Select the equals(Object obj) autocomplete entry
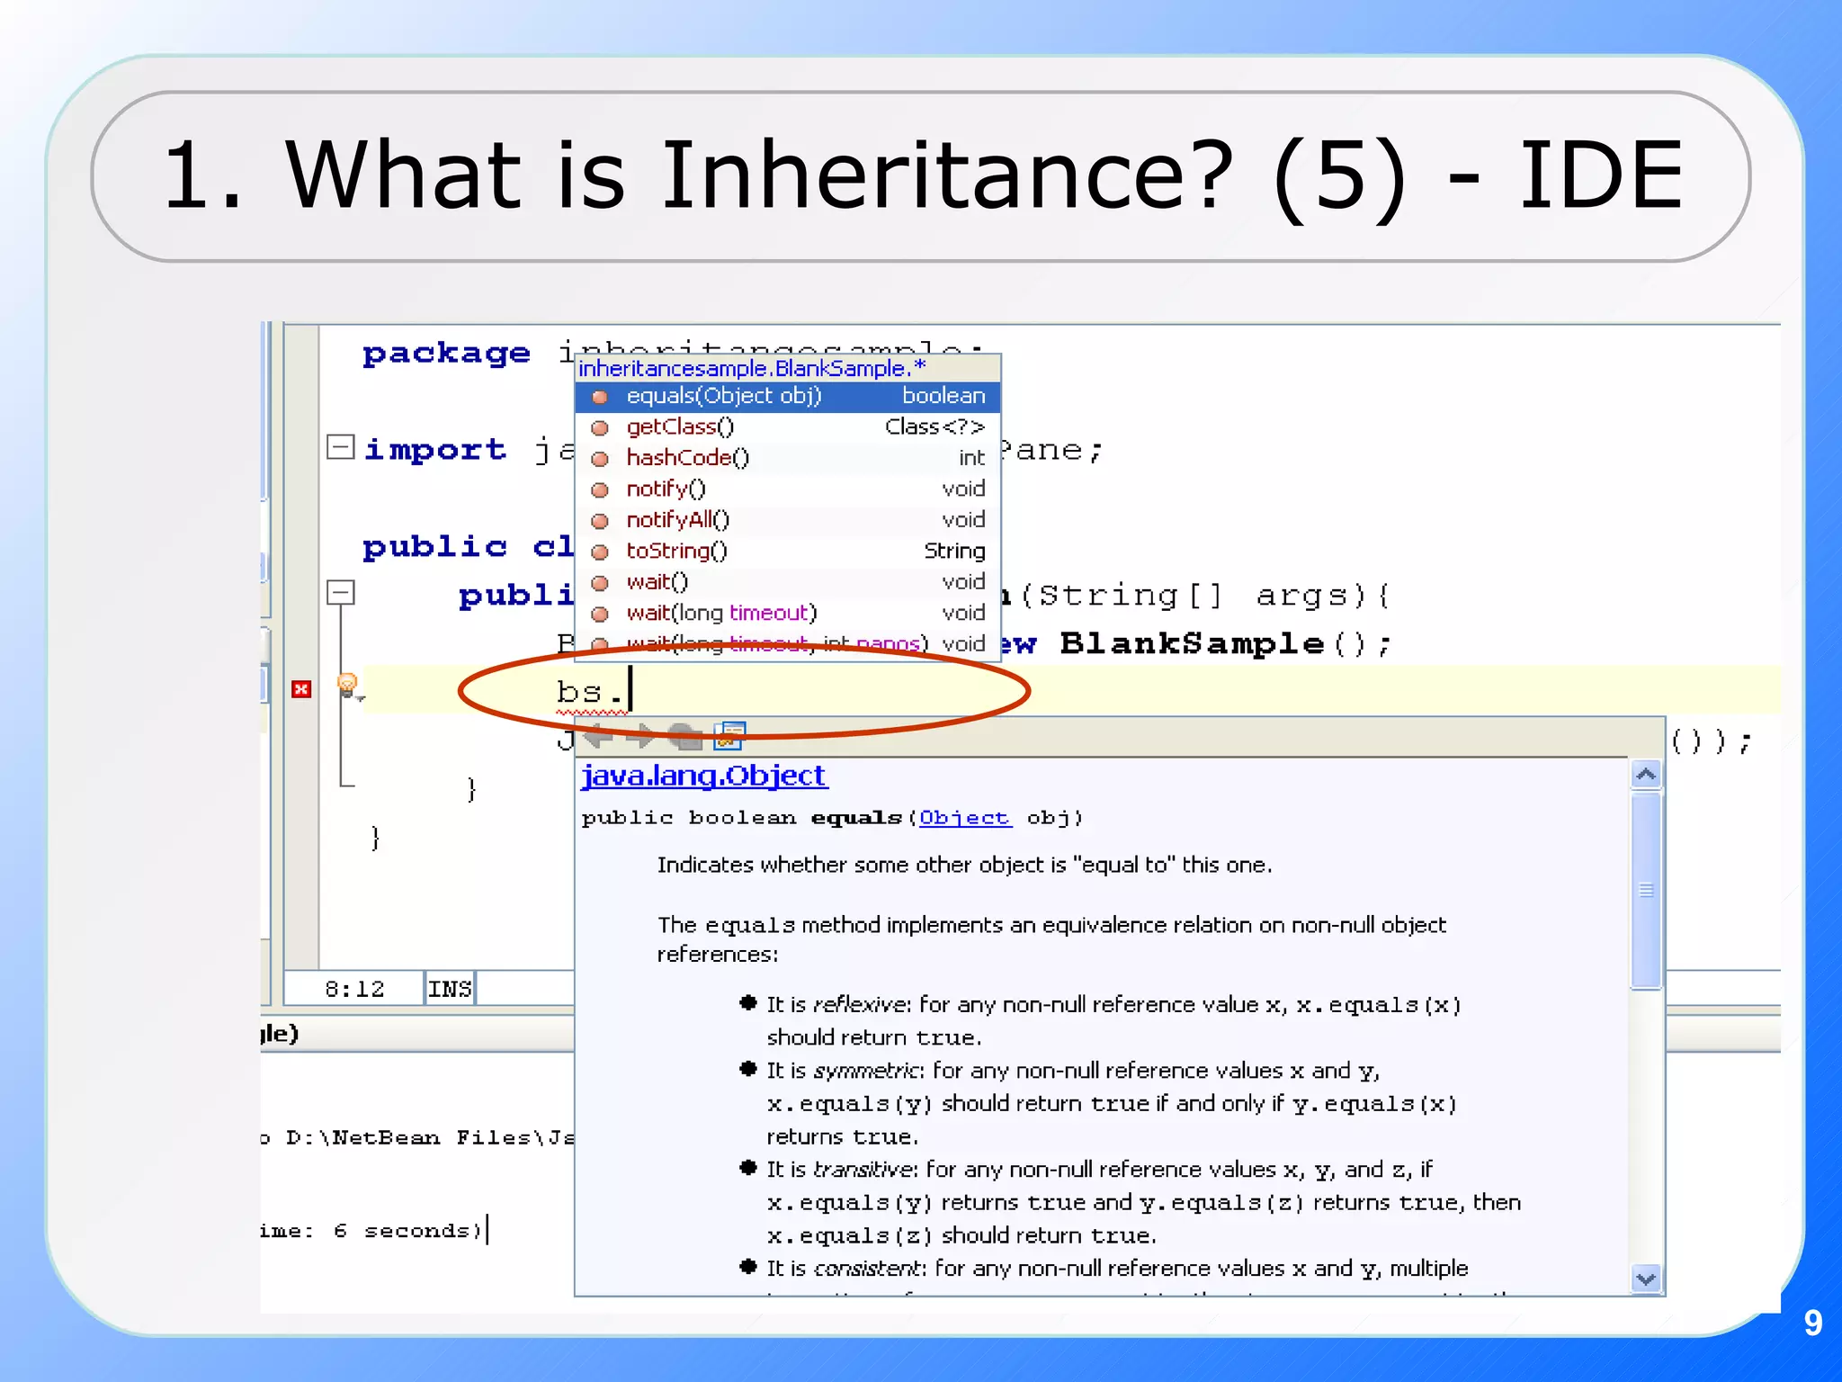tap(723, 396)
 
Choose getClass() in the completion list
tap(680, 426)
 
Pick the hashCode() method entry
tap(687, 458)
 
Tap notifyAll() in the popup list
tap(677, 520)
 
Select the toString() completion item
tap(676, 551)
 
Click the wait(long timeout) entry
tap(721, 613)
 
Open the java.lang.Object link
tap(703, 776)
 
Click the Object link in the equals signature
tap(964, 818)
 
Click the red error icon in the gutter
tap(301, 689)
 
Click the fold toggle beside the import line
tap(340, 447)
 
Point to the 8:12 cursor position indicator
tap(354, 989)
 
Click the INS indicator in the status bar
tap(450, 989)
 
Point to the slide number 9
tap(1812, 1323)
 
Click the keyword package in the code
tap(446, 353)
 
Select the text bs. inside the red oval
tap(589, 691)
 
